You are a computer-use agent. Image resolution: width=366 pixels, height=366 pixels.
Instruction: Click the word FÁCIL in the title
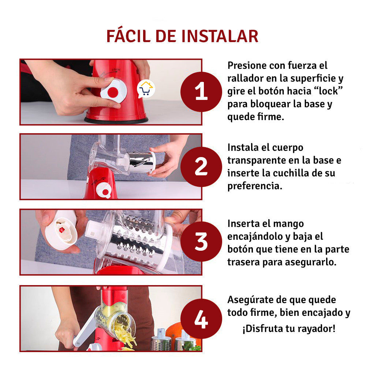[x=128, y=36]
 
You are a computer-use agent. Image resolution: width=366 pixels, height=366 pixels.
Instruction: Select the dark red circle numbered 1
[x=201, y=92]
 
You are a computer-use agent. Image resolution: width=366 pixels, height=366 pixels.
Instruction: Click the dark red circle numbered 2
[x=201, y=167]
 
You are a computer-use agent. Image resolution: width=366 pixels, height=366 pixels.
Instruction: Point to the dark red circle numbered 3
[x=201, y=242]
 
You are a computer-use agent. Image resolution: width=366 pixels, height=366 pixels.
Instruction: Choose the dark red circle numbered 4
[x=201, y=319]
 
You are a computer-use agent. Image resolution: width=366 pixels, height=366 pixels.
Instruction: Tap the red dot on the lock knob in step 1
[x=113, y=92]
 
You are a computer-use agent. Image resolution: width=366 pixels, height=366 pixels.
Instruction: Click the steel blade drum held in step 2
[x=142, y=162]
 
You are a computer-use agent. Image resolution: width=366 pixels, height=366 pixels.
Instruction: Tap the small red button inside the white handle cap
[x=61, y=230]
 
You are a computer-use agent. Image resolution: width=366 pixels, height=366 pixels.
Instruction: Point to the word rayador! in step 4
[x=315, y=329]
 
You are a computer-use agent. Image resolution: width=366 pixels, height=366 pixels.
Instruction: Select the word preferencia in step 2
[x=255, y=186]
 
